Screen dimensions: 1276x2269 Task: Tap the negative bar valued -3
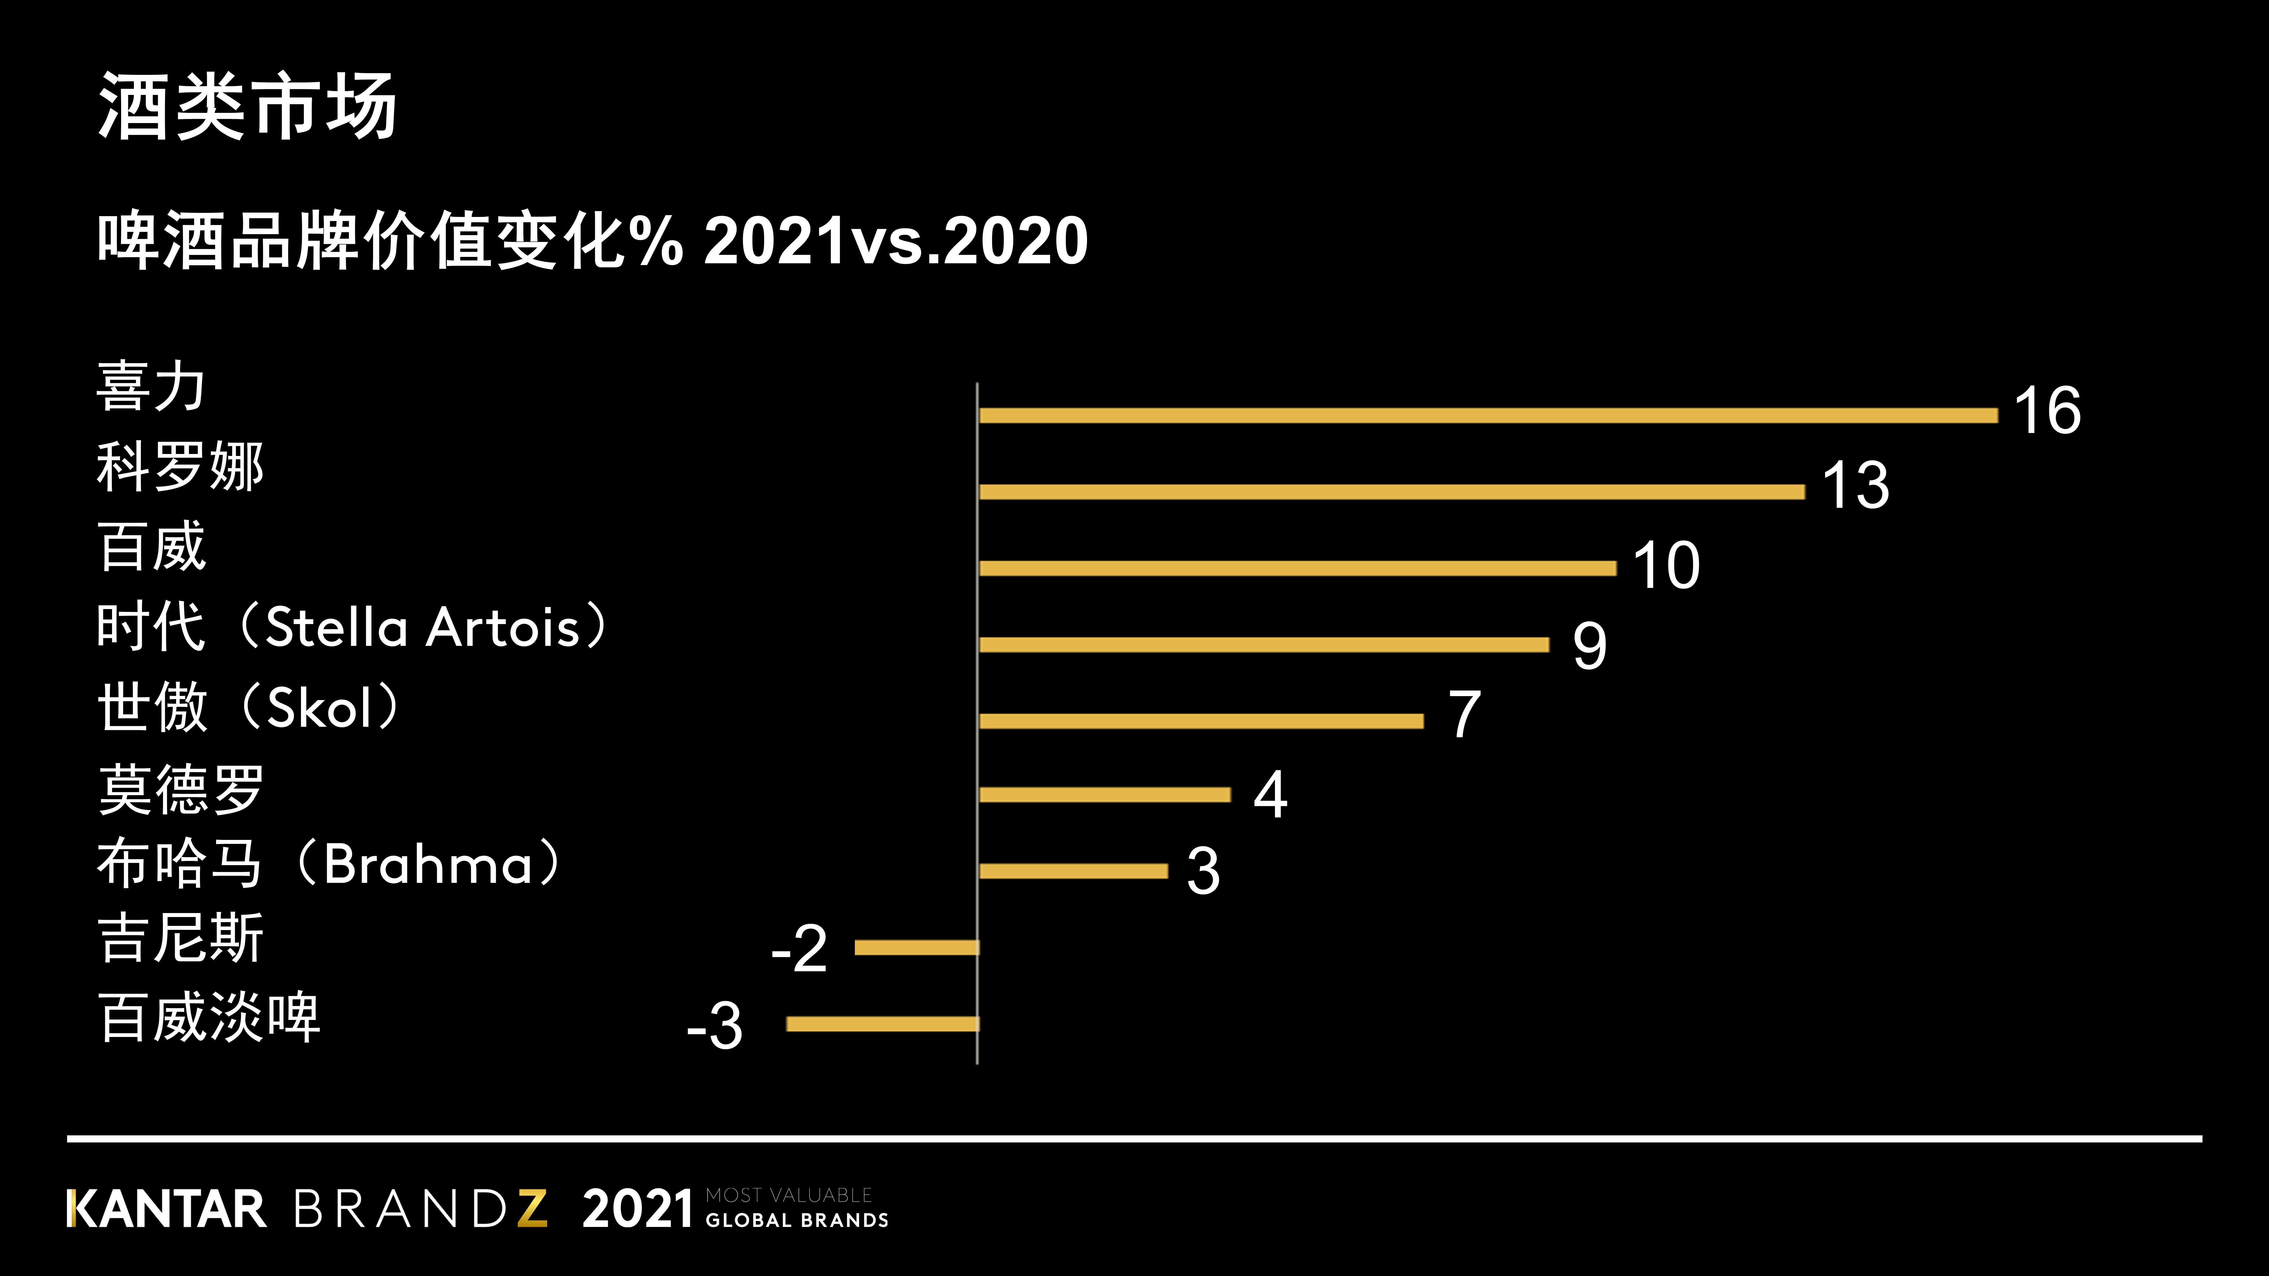(x=883, y=1023)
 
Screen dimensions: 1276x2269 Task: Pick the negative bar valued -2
(x=916, y=947)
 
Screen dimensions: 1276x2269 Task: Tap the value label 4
(x=1270, y=794)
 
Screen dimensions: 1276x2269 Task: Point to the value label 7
(x=1464, y=714)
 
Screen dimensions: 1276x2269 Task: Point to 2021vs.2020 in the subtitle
(x=896, y=240)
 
